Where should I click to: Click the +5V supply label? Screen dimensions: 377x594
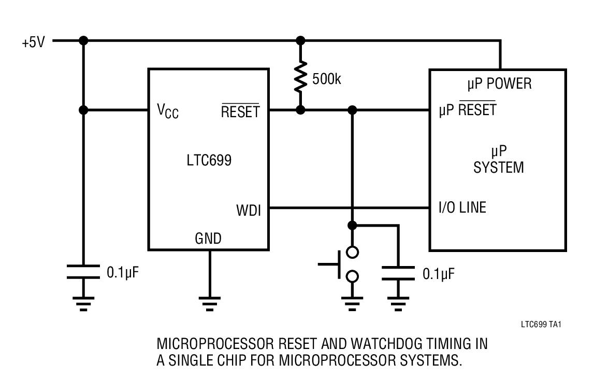click(x=33, y=42)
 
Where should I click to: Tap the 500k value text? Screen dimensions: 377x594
click(x=327, y=80)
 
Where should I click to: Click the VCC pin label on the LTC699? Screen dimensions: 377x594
click(x=168, y=110)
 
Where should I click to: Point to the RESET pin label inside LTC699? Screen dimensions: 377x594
click(x=240, y=111)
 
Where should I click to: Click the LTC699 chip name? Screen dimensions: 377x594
click(x=209, y=160)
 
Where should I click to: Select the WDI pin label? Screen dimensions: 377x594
click(x=249, y=211)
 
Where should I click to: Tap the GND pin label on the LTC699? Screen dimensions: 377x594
click(x=208, y=239)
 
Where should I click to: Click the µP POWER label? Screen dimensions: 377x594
click(x=499, y=83)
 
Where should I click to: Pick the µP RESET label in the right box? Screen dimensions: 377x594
click(x=467, y=109)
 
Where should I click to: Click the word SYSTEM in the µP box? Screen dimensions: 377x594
click(x=499, y=167)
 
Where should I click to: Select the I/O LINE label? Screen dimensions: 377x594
click(x=462, y=208)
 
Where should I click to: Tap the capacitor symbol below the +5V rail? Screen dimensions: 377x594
click(x=83, y=272)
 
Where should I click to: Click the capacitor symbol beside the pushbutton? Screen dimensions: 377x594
click(x=398, y=273)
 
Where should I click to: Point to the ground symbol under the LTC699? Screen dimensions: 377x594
click(x=209, y=303)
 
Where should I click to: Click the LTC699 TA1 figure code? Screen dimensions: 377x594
click(x=541, y=325)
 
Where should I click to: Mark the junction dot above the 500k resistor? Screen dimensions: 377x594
click(x=300, y=40)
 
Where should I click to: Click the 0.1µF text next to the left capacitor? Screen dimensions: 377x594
click(x=123, y=272)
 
